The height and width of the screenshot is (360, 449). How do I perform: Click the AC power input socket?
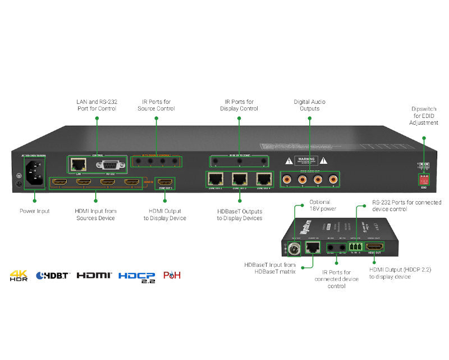[33, 170]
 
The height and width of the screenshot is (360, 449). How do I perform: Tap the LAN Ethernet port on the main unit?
[77, 165]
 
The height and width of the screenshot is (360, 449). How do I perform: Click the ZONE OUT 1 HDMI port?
[164, 183]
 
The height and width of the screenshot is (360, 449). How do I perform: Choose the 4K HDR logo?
[19, 276]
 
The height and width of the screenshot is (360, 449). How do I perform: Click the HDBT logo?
[52, 276]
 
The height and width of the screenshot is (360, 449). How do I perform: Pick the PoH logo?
[172, 276]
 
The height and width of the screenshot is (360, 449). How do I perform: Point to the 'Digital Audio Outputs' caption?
[309, 105]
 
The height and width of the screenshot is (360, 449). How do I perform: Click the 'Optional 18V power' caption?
[320, 205]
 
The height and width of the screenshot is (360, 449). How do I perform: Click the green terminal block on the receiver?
[356, 245]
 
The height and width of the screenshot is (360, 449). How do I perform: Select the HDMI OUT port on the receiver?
[374, 247]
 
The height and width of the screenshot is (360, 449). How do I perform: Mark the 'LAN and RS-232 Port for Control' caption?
[96, 105]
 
